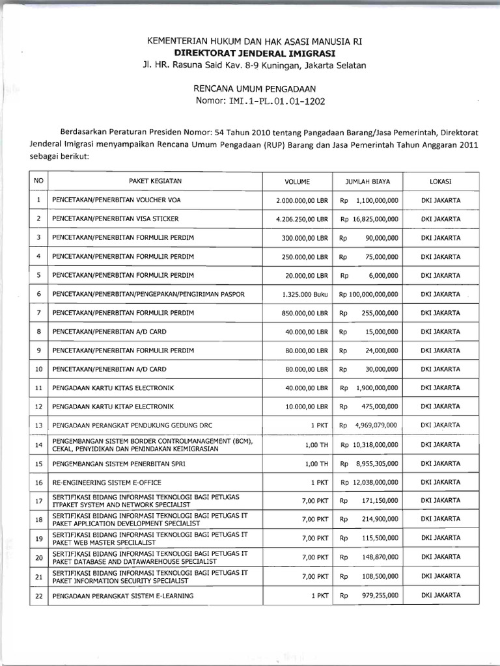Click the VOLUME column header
point(298,181)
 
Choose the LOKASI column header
point(441,181)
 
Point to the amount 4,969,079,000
point(376,426)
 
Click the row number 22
point(39,594)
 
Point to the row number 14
point(39,445)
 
